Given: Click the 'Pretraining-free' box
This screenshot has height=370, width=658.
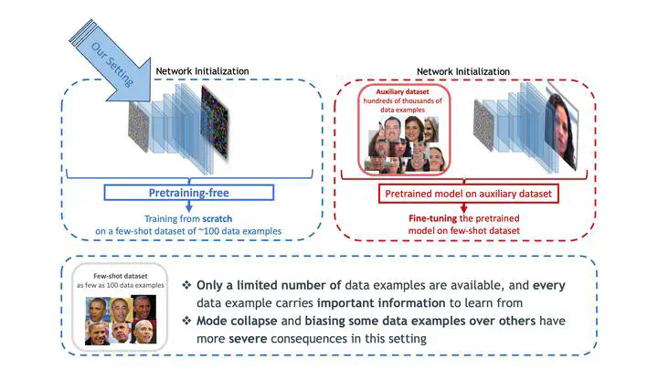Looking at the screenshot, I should [188, 192].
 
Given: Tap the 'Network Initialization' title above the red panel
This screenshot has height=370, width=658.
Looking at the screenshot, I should [462, 70].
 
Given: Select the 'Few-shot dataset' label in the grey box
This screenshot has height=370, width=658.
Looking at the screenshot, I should [117, 275].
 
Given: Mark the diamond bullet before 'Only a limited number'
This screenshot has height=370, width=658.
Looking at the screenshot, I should [188, 285].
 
